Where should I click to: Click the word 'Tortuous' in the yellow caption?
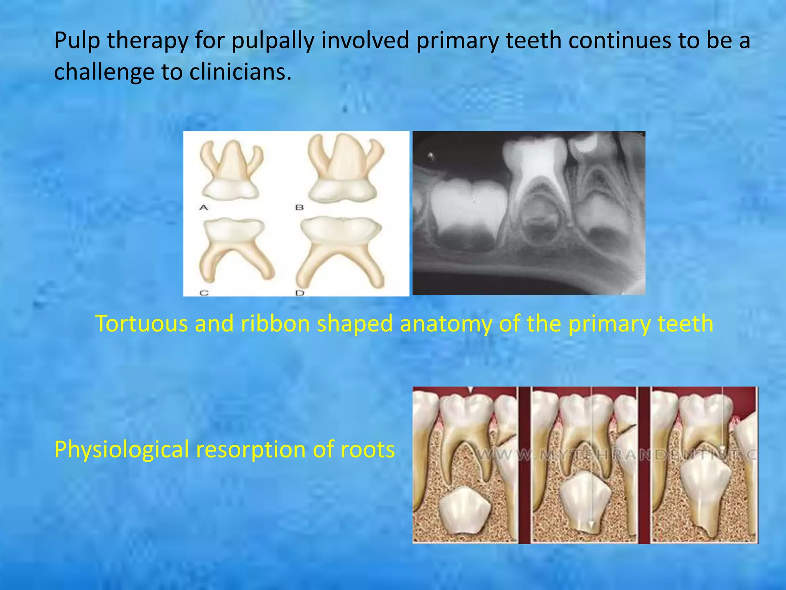coord(141,323)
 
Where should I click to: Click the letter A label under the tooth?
coord(203,208)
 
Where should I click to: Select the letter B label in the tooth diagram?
coord(299,208)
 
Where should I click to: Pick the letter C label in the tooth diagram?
coord(204,293)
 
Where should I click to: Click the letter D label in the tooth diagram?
coord(300,293)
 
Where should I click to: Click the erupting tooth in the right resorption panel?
coord(704,496)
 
